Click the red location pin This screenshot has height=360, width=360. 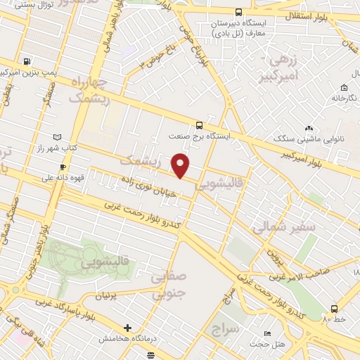click(x=181, y=165)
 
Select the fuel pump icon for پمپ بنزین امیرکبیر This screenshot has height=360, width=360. click(x=27, y=61)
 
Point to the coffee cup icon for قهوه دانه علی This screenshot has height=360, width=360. click(x=63, y=167)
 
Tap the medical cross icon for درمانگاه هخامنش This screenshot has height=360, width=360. click(x=127, y=327)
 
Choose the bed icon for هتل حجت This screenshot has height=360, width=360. click(x=266, y=333)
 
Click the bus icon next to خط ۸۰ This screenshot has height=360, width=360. click(x=334, y=308)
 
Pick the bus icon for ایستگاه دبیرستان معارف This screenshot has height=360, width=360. click(x=238, y=12)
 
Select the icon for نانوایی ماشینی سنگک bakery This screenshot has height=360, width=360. click(x=309, y=127)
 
